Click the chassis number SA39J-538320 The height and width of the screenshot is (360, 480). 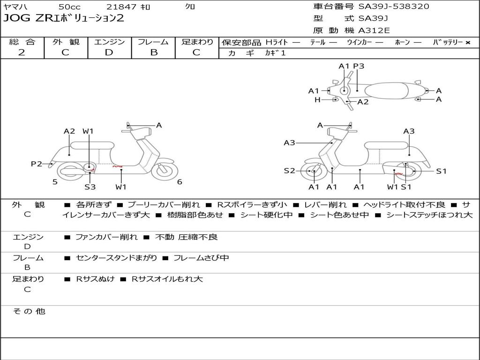[x=394, y=7]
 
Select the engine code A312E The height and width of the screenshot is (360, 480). [x=374, y=30]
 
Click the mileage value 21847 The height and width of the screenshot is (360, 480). [x=121, y=7]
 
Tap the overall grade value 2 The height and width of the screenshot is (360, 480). [x=22, y=52]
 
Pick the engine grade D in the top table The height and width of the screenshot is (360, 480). [x=109, y=52]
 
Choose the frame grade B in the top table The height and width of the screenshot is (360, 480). [x=154, y=52]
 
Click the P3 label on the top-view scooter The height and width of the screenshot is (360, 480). [x=359, y=66]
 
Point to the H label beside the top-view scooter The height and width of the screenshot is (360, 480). [x=317, y=99]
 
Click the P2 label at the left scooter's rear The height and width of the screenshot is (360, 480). [x=37, y=164]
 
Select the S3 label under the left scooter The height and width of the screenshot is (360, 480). [x=90, y=187]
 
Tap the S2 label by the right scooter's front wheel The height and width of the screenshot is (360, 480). [x=289, y=171]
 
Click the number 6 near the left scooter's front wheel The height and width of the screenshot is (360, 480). [x=180, y=182]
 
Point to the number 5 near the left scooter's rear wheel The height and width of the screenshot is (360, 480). [x=55, y=182]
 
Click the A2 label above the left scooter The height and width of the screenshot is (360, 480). [x=69, y=131]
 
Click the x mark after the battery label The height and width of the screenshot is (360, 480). [x=468, y=43]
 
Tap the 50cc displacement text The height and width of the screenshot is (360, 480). [x=69, y=7]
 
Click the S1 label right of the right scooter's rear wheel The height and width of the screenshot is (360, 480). [x=441, y=171]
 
